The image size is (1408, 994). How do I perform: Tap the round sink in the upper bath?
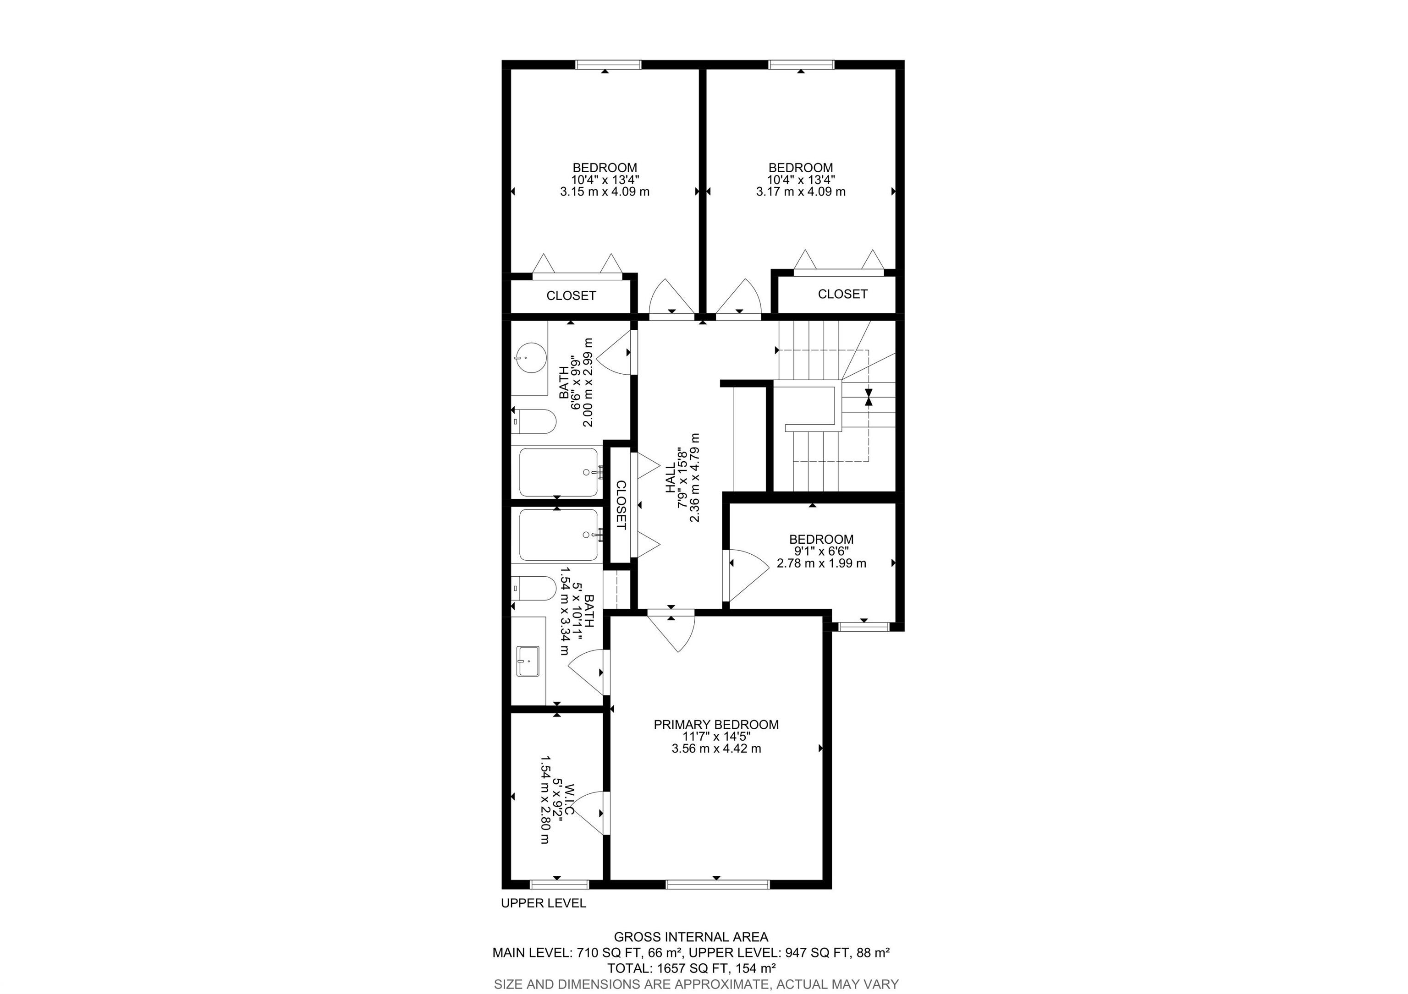pos(530,357)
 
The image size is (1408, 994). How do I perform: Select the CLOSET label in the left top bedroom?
pos(571,296)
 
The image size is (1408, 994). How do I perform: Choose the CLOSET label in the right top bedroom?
pos(842,294)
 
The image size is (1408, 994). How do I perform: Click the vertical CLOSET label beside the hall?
pos(621,505)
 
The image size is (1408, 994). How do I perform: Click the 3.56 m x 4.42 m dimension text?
pos(715,748)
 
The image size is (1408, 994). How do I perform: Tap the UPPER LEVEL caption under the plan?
pos(543,903)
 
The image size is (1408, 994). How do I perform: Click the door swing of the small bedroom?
pos(745,573)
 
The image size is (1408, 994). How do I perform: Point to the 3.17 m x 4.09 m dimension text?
pos(800,191)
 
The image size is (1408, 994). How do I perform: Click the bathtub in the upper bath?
pos(558,472)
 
